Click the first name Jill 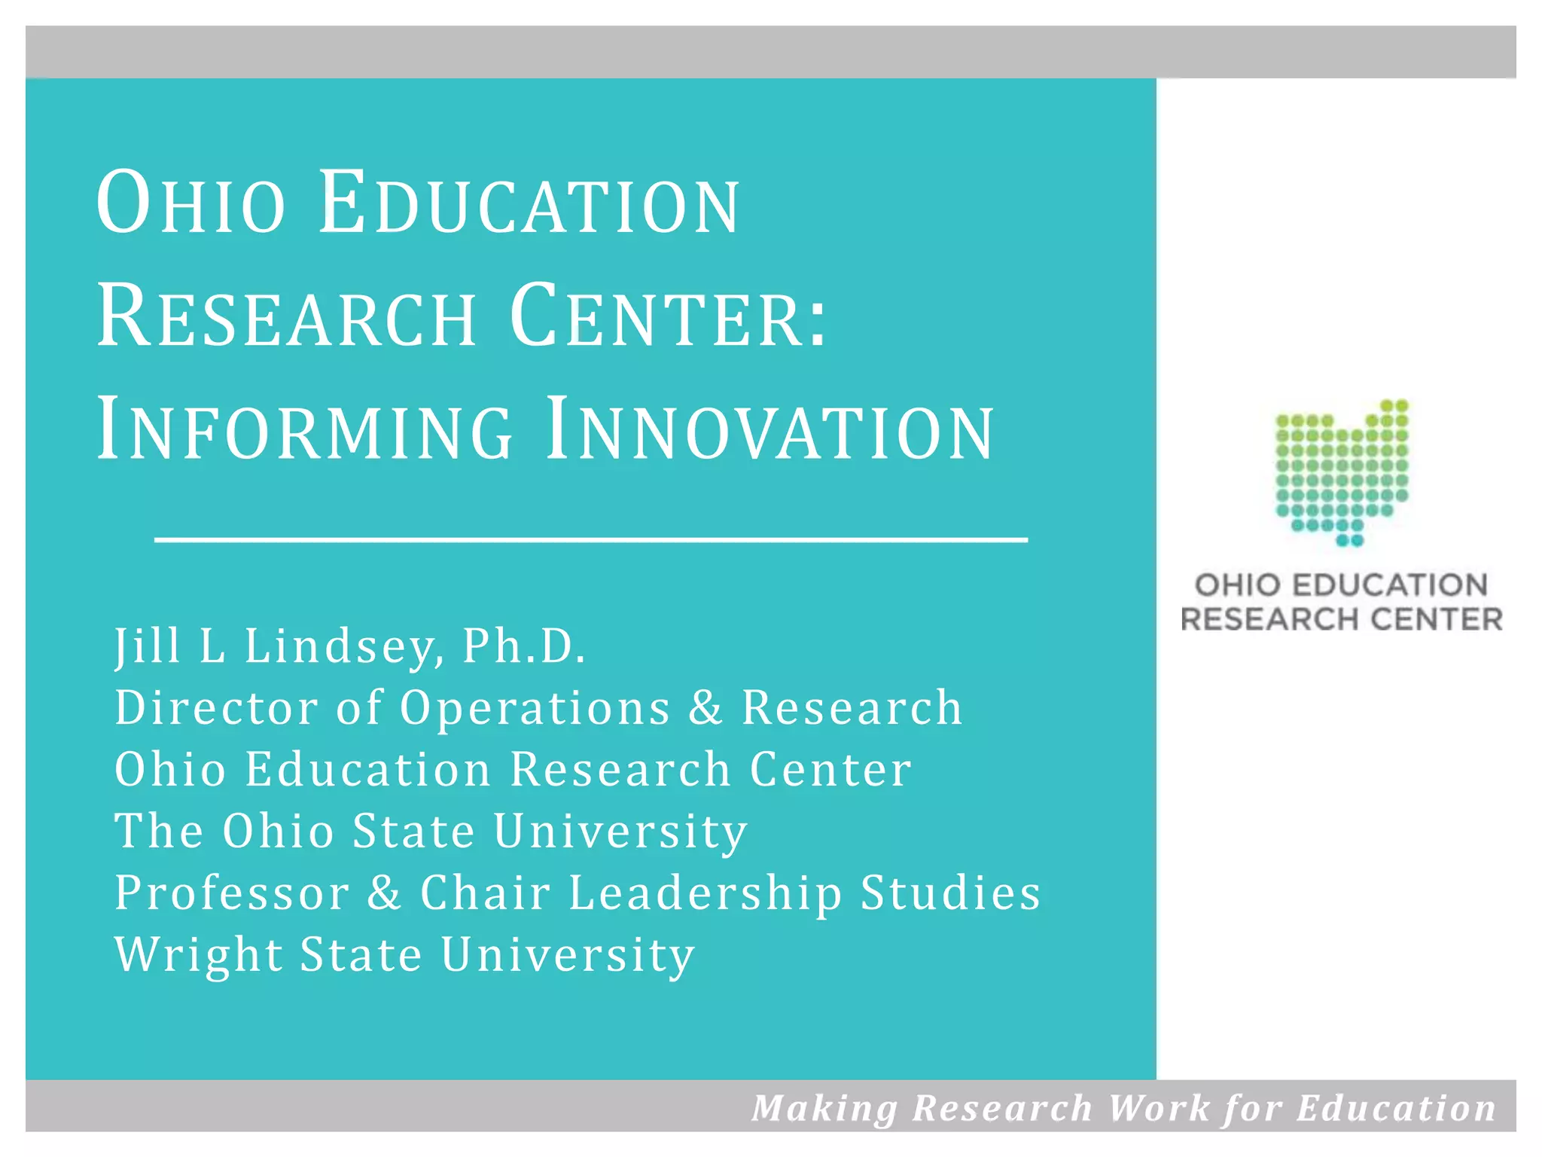pyautogui.click(x=148, y=646)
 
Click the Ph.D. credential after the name pyautogui.click(x=523, y=646)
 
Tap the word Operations pyautogui.click(x=535, y=708)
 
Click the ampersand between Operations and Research pyautogui.click(x=705, y=708)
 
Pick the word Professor pyautogui.click(x=232, y=893)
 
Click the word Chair pyautogui.click(x=486, y=893)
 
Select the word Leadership pyautogui.click(x=705, y=893)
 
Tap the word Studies pyautogui.click(x=950, y=893)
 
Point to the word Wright pyautogui.click(x=199, y=955)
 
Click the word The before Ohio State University pyautogui.click(x=159, y=832)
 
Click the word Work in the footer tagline pyautogui.click(x=1158, y=1108)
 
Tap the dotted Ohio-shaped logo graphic pyautogui.click(x=1342, y=473)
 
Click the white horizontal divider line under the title pyautogui.click(x=591, y=539)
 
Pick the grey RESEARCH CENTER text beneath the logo pyautogui.click(x=1342, y=619)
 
